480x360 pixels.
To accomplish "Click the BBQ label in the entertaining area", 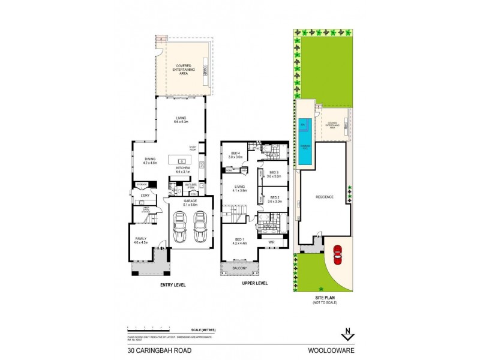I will [205, 68].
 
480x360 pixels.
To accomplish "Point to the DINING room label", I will [141, 159].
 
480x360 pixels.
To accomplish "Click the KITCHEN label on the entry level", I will [183, 168].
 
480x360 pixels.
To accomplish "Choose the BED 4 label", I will [235, 154].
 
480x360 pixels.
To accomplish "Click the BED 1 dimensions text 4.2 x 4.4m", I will [240, 243].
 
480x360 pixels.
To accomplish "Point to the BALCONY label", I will [240, 268].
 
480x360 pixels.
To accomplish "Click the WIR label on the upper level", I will [271, 243].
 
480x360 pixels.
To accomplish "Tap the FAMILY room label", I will [140, 238].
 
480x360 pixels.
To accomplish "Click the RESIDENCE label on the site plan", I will [324, 197].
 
